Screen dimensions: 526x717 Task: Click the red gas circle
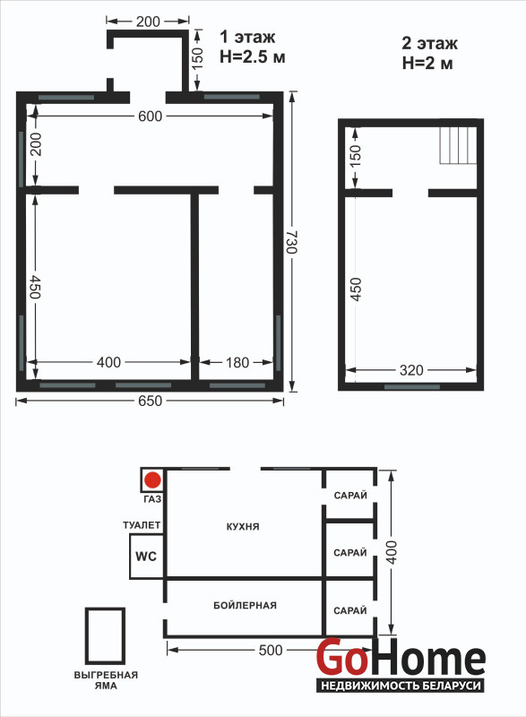(x=152, y=480)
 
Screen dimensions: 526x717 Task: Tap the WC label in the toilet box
(x=146, y=557)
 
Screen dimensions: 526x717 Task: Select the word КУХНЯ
(x=243, y=526)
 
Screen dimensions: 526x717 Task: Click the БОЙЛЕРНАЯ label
(x=245, y=606)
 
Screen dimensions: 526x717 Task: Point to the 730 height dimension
(x=291, y=242)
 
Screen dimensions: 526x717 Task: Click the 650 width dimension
(x=150, y=401)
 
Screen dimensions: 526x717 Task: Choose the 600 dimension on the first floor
(x=150, y=117)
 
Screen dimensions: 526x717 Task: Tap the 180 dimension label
(x=237, y=363)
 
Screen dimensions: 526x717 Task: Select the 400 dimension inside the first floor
(x=108, y=363)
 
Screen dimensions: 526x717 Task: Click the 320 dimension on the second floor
(x=411, y=370)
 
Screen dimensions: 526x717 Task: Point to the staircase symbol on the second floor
(x=459, y=145)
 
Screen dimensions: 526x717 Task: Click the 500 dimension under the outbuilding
(x=271, y=651)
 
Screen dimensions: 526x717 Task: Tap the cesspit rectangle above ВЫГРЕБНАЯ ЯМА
(x=106, y=635)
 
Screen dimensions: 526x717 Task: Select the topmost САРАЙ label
(x=350, y=496)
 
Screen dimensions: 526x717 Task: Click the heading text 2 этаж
(x=429, y=43)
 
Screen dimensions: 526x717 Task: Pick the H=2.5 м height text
(x=253, y=57)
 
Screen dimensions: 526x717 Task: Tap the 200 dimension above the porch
(x=148, y=22)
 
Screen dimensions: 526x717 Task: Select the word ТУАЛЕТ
(x=142, y=525)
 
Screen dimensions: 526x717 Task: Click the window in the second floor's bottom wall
(x=412, y=387)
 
